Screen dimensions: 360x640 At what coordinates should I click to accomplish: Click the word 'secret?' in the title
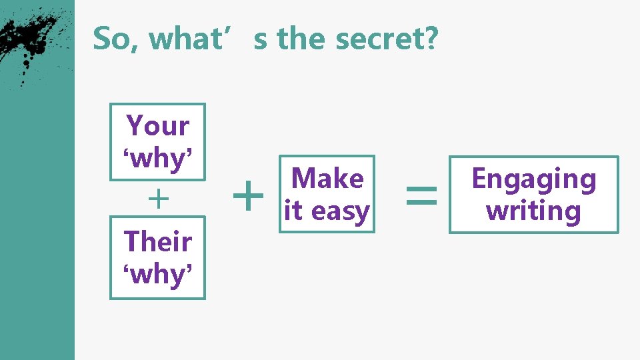tap(387, 39)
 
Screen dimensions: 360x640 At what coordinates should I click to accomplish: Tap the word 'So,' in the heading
tap(110, 39)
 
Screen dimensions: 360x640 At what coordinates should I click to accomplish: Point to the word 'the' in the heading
tap(303, 39)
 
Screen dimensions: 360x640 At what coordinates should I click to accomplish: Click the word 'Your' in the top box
tap(158, 125)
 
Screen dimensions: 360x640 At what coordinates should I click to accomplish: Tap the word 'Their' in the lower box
tap(158, 241)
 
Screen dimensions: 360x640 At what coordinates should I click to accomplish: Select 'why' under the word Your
tap(158, 158)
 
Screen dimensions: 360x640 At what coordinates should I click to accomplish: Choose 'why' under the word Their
tap(158, 273)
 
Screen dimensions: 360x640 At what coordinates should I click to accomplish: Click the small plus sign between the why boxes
tap(157, 199)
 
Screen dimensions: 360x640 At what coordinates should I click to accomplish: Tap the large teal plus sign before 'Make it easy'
tap(249, 196)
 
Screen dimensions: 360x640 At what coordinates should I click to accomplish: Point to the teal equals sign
tap(421, 195)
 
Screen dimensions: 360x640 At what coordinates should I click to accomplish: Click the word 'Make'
tap(327, 179)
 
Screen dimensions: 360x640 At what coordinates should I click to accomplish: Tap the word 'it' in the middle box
tap(293, 211)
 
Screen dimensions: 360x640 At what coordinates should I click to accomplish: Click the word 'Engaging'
tap(533, 179)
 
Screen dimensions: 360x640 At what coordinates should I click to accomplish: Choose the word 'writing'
tap(533, 211)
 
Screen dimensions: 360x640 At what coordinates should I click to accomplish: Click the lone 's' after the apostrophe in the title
tap(261, 39)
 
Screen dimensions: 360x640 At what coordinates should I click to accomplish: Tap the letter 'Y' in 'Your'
tap(135, 125)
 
